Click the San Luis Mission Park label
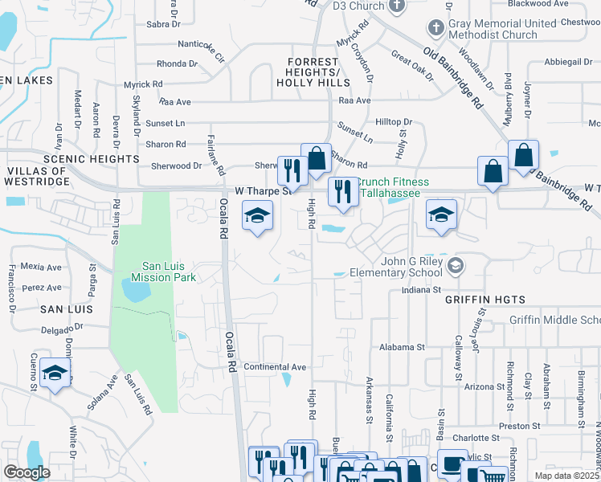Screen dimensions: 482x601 pyautogui.click(x=170, y=272)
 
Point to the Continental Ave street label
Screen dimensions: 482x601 pyautogui.click(x=275, y=367)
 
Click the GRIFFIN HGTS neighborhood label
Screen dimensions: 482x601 pyautogui.click(x=484, y=300)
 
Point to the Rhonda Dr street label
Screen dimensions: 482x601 pyautogui.click(x=177, y=63)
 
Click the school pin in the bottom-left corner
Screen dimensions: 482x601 pyautogui.click(x=55, y=373)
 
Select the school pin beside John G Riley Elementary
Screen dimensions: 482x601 pyautogui.click(x=440, y=215)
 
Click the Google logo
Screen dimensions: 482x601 pyautogui.click(x=27, y=472)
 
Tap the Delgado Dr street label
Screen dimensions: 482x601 pyautogui.click(x=63, y=328)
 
